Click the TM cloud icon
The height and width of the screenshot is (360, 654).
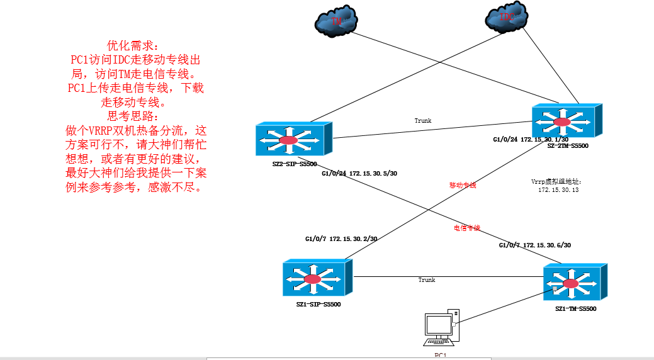pos(337,22)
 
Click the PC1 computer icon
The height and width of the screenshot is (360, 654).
pos(442,328)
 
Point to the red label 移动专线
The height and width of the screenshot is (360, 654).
pos(463,185)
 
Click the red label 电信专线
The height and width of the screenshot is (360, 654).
pos(467,227)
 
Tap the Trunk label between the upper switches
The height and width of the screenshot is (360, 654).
pos(423,120)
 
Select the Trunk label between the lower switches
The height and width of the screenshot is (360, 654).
pos(427,279)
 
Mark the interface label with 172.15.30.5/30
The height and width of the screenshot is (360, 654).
pos(359,172)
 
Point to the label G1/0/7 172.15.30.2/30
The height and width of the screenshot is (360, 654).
pos(341,239)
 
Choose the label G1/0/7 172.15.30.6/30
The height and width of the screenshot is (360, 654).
pos(535,245)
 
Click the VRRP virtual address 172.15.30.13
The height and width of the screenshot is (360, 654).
pos(558,189)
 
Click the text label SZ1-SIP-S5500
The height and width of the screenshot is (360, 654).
pos(318,305)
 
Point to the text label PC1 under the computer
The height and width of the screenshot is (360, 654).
pos(440,355)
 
